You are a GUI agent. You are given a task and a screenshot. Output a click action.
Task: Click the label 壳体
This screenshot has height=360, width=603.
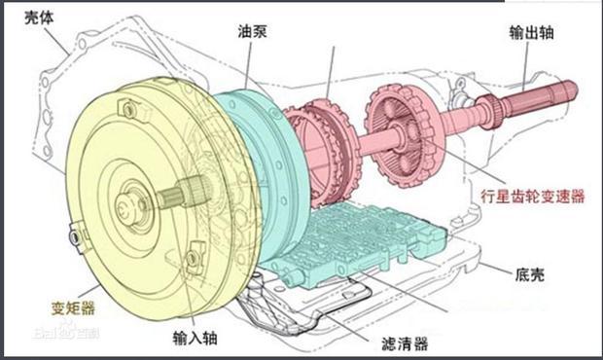point(39,18)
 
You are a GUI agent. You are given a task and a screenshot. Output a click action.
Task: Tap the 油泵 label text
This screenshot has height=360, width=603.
point(252,31)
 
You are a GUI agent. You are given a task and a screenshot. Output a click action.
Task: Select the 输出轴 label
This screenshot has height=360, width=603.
point(531,32)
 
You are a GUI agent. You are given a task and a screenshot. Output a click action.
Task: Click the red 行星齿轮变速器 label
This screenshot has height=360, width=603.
point(533,197)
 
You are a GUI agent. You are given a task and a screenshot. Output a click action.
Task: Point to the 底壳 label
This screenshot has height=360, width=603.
point(529,274)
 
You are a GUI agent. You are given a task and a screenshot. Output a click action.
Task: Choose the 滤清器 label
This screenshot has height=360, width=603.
point(405,343)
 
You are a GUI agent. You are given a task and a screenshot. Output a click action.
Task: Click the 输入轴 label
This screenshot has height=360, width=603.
point(195,338)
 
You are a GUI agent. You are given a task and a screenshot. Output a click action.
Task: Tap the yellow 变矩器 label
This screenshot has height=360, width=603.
point(73,308)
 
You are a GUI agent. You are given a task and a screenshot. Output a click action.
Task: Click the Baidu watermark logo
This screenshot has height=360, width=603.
point(66,332)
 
